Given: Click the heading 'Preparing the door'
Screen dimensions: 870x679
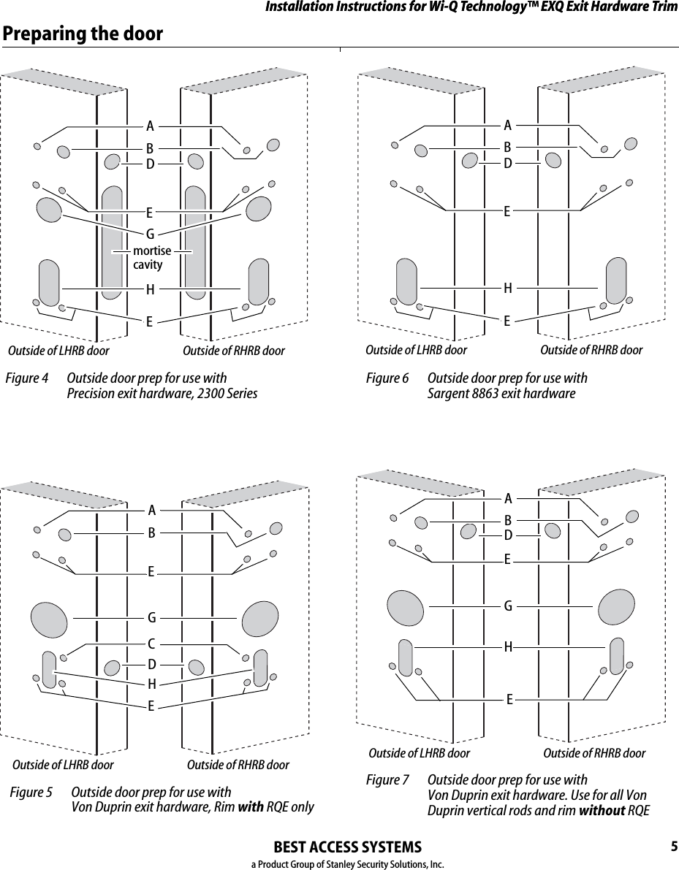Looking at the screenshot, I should coord(83,34).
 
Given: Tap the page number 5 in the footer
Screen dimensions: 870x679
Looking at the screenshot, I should coord(673,847).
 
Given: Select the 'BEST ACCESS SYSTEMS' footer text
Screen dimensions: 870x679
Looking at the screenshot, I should coord(346,847).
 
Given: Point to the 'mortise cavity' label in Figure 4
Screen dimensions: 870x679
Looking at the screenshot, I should coord(152,258).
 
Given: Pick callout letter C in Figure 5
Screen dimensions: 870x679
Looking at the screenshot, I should coord(151,644).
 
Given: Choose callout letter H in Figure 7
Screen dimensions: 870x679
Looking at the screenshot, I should coord(507,646).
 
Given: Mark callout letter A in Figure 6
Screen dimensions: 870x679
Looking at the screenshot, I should coord(507,124).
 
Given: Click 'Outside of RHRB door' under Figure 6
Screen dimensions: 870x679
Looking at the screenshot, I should coord(591,350).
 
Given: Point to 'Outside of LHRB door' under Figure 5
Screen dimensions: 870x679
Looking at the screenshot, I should coord(63,765).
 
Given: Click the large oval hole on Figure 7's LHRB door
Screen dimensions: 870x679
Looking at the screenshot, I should coord(405,605).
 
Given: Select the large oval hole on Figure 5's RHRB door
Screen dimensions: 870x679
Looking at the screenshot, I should coord(259,619).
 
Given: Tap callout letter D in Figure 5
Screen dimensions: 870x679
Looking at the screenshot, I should coord(151,665).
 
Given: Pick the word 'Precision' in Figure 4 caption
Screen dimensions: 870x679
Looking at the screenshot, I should coord(90,394).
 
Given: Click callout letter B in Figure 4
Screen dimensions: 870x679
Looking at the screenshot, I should coord(149,149).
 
